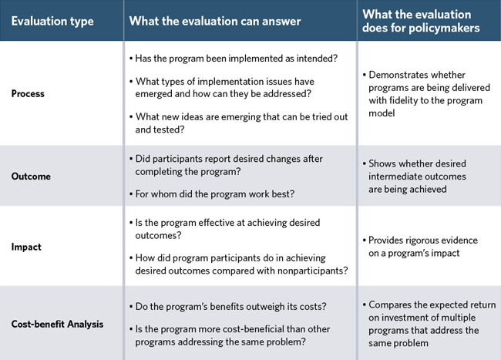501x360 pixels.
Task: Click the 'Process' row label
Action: (x=28, y=93)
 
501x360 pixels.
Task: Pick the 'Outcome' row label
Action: (x=31, y=176)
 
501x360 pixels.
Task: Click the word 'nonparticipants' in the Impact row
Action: (x=308, y=270)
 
